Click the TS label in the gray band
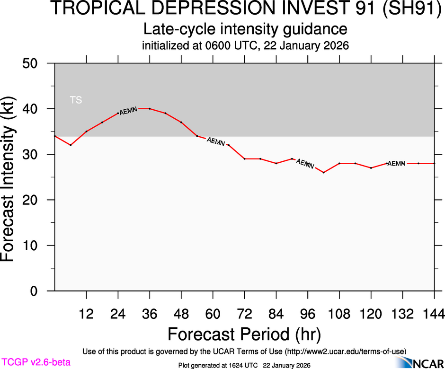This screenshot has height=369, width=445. tap(76, 100)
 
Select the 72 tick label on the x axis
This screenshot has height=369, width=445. tap(244, 314)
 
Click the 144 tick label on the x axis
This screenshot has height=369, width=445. tap(434, 314)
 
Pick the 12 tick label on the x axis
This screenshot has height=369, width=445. tap(86, 314)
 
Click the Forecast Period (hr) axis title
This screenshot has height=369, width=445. tap(244, 334)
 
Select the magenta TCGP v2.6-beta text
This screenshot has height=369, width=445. tap(36, 362)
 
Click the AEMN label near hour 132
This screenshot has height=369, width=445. tap(396, 164)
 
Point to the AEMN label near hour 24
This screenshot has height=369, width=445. tap(128, 111)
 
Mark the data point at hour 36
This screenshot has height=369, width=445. tap(150, 109)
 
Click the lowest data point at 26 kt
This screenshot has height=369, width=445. tap(324, 172)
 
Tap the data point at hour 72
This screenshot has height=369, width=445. tap(244, 158)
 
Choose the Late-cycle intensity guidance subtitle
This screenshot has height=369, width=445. tap(245, 29)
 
